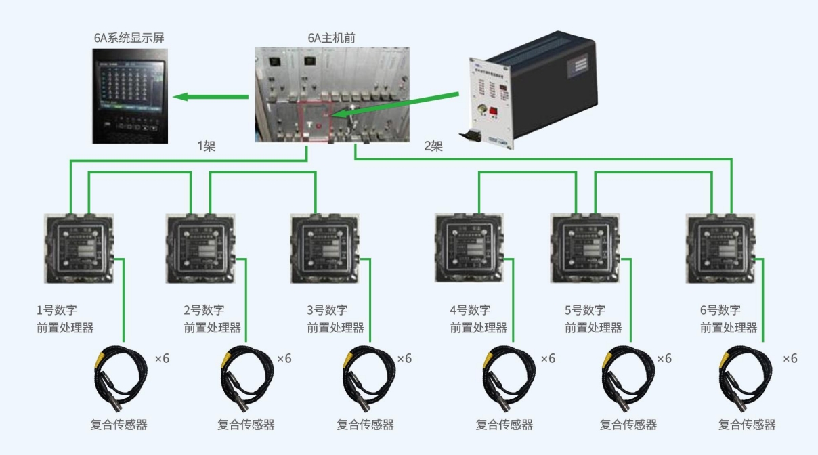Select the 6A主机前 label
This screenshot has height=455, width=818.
click(x=331, y=38)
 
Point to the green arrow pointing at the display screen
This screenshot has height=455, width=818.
click(x=211, y=97)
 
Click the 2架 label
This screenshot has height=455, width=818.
click(x=433, y=146)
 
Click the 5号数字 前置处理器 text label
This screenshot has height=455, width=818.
click(x=593, y=319)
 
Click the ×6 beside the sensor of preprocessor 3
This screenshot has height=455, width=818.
click(x=404, y=358)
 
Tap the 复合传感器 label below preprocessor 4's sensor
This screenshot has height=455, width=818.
click(x=504, y=425)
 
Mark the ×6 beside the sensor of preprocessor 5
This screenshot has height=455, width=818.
click(x=664, y=358)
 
